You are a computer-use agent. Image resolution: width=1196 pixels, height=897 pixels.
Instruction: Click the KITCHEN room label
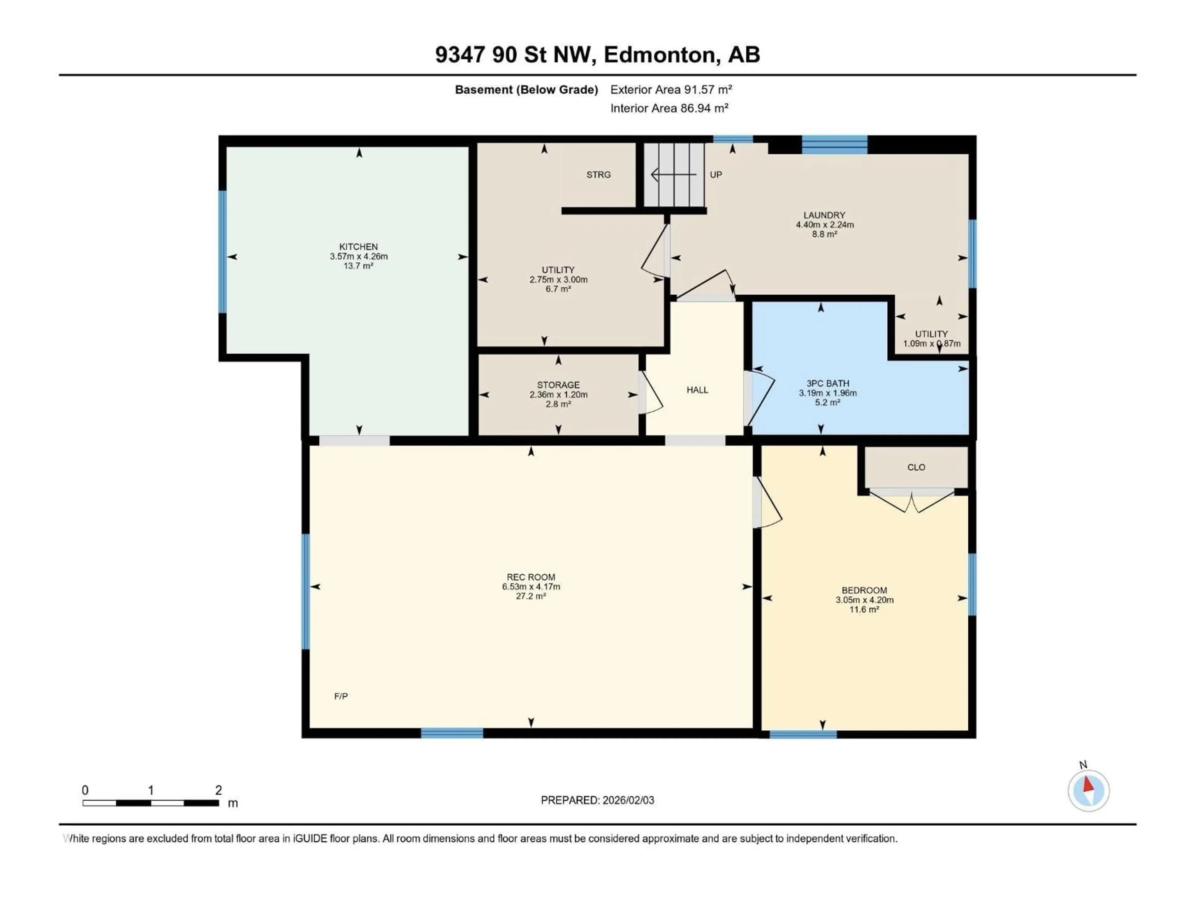[x=358, y=247]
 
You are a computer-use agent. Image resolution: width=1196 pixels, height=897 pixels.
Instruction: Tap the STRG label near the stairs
[x=599, y=175]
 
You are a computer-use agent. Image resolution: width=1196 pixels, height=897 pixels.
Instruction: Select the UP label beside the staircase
[x=715, y=175]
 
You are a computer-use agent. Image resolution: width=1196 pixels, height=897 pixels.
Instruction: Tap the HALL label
[x=697, y=390]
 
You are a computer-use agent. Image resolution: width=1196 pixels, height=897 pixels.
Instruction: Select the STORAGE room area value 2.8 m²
[x=558, y=404]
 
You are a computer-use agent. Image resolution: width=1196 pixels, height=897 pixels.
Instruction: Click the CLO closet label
[x=916, y=467]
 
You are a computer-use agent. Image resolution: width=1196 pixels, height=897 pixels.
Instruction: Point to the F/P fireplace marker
[x=341, y=696]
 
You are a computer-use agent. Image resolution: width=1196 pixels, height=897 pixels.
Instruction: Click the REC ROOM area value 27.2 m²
[x=530, y=596]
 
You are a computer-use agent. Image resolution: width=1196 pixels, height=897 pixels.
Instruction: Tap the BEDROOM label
[x=864, y=591]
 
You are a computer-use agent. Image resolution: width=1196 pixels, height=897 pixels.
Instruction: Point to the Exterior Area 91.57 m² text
[x=671, y=90]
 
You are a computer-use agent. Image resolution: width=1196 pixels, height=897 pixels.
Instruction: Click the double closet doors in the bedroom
[x=912, y=500]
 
